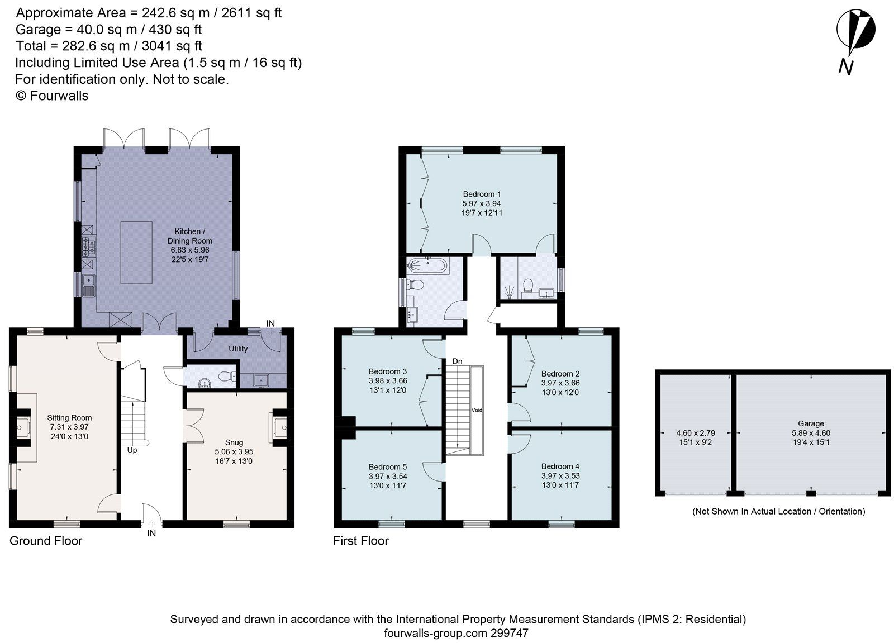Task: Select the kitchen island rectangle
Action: point(136,253)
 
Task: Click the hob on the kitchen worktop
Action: point(88,246)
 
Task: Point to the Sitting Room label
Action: point(69,417)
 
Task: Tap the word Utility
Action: point(238,349)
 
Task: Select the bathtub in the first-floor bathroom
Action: point(427,265)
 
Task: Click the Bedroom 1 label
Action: point(482,194)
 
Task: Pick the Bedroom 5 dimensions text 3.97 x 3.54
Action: point(388,476)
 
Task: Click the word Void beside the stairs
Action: point(477,410)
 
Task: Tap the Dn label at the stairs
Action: point(457,361)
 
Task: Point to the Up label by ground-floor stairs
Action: point(132,450)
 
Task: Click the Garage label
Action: point(811,423)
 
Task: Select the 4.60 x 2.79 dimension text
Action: point(695,432)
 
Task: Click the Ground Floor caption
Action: point(46,541)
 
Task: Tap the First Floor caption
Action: point(360,541)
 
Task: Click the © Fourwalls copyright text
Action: point(52,96)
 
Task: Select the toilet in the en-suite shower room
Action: point(526,286)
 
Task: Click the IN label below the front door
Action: point(151,534)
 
